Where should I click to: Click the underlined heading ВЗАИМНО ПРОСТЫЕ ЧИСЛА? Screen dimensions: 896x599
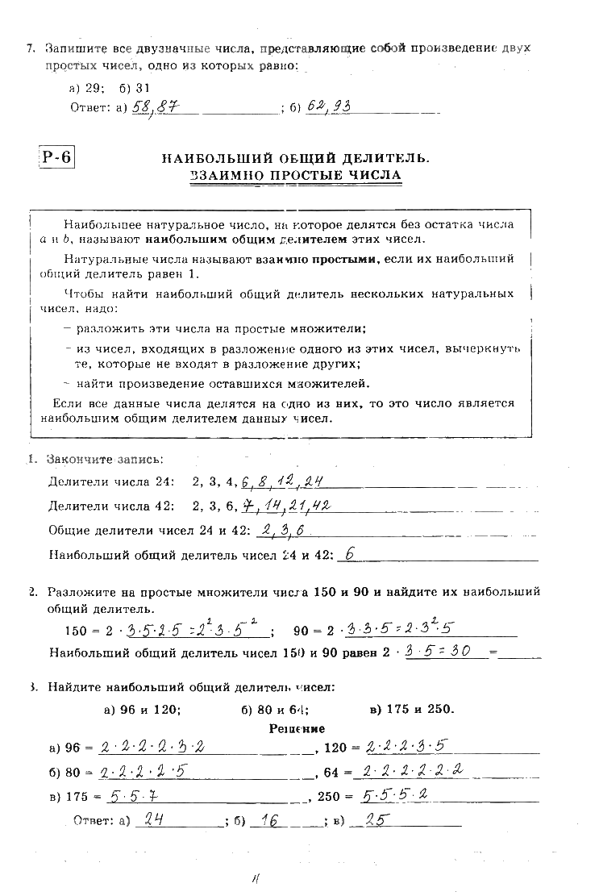296,175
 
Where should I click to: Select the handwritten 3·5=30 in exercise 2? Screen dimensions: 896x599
439,651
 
